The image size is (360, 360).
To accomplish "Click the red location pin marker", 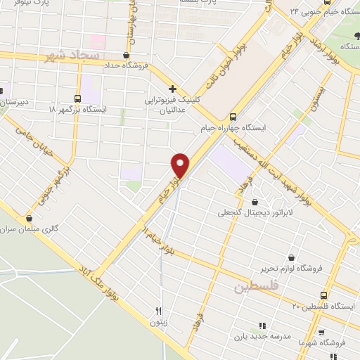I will [181, 165].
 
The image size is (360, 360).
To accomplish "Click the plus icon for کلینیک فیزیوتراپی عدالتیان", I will [172, 89].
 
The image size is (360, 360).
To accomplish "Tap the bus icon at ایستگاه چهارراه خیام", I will [234, 117].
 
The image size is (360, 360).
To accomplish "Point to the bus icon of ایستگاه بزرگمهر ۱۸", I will [78, 98].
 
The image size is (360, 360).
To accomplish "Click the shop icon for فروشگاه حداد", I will [126, 56].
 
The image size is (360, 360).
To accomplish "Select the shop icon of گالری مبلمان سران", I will [29, 219].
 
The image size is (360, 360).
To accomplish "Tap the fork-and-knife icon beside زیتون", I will [159, 311].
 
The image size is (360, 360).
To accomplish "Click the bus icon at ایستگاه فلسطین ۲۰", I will [323, 296].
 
